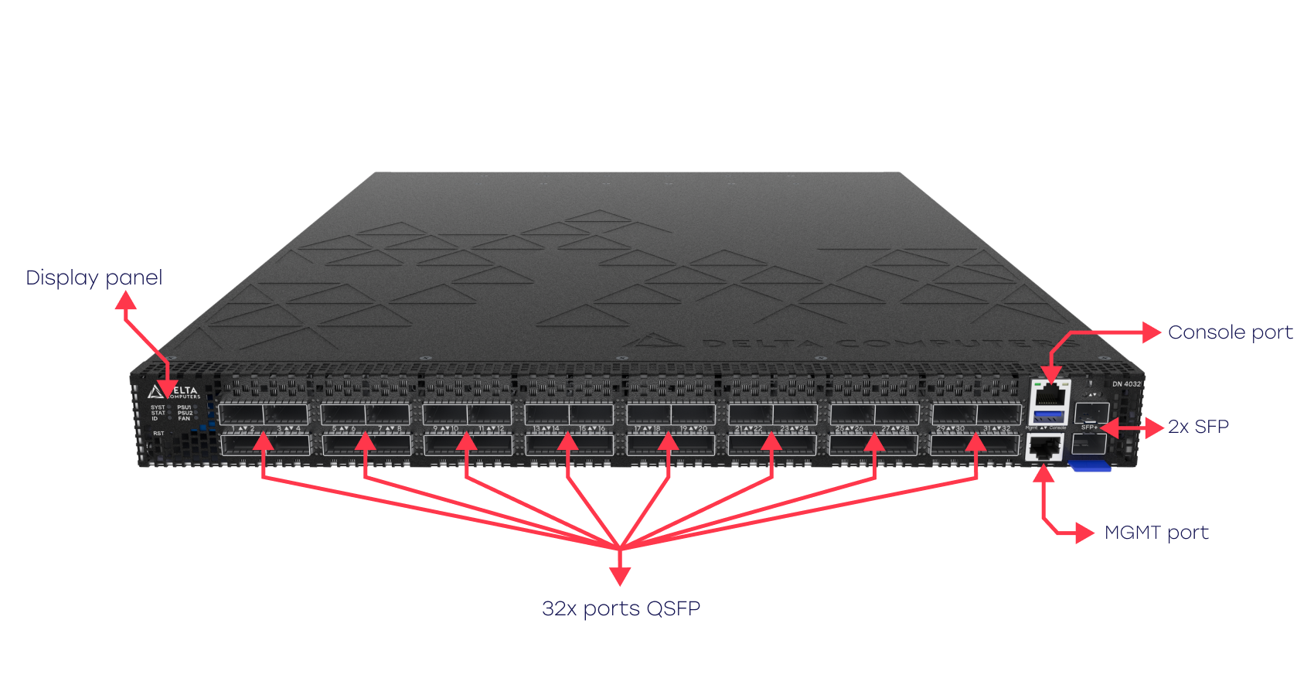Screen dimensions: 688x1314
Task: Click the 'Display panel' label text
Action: point(94,278)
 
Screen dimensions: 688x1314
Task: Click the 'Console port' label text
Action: point(1230,332)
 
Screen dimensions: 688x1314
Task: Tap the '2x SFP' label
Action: point(1198,427)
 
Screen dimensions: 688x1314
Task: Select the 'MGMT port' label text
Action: point(1156,533)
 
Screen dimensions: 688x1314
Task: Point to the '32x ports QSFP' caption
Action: point(621,608)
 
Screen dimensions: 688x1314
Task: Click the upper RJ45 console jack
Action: point(1050,397)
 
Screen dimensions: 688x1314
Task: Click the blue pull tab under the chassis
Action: point(1089,465)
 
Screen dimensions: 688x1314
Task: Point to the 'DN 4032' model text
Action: point(1126,384)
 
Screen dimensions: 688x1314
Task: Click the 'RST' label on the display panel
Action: point(158,434)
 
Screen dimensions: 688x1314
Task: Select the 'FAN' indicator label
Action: point(184,419)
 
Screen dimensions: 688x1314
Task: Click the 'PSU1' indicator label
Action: point(184,407)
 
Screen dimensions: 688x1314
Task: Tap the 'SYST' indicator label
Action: point(158,407)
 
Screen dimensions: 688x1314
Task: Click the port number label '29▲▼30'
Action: point(950,429)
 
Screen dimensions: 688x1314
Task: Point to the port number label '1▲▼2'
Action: point(243,429)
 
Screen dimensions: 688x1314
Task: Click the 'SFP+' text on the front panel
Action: point(1089,427)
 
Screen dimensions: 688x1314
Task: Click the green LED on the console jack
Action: point(1037,383)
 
